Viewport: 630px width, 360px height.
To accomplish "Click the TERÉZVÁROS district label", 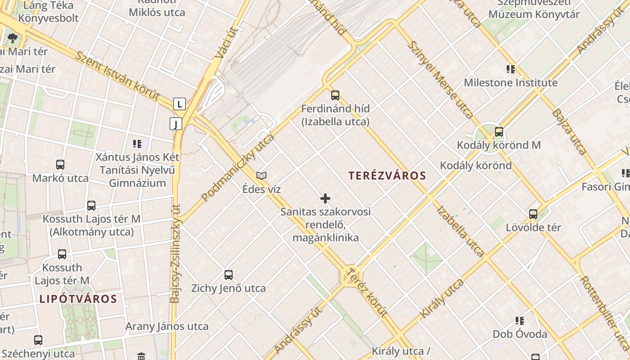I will tap(387, 175).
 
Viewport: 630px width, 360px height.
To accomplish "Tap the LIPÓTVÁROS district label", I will tap(78, 299).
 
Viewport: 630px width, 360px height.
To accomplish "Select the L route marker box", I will tap(180, 104).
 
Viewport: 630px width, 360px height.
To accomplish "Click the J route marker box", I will tap(175, 124).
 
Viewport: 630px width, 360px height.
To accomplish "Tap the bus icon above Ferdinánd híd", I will tap(335, 95).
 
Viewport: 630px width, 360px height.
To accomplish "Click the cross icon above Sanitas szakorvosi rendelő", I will tap(325, 198).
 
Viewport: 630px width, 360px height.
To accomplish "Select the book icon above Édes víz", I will tap(261, 175).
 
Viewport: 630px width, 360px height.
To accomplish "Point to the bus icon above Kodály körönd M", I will tap(499, 132).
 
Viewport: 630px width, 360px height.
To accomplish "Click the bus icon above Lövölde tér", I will tap(533, 214).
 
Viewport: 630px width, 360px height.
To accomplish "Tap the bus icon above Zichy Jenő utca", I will tap(229, 275).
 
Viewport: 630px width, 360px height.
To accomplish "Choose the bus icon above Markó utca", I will tap(60, 165).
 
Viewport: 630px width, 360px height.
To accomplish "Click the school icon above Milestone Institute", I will tap(511, 69).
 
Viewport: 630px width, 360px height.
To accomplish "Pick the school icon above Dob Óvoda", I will tap(520, 321).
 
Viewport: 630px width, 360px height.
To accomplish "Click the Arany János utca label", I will tap(167, 326).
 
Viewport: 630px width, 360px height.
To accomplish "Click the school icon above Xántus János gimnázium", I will tap(137, 144).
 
